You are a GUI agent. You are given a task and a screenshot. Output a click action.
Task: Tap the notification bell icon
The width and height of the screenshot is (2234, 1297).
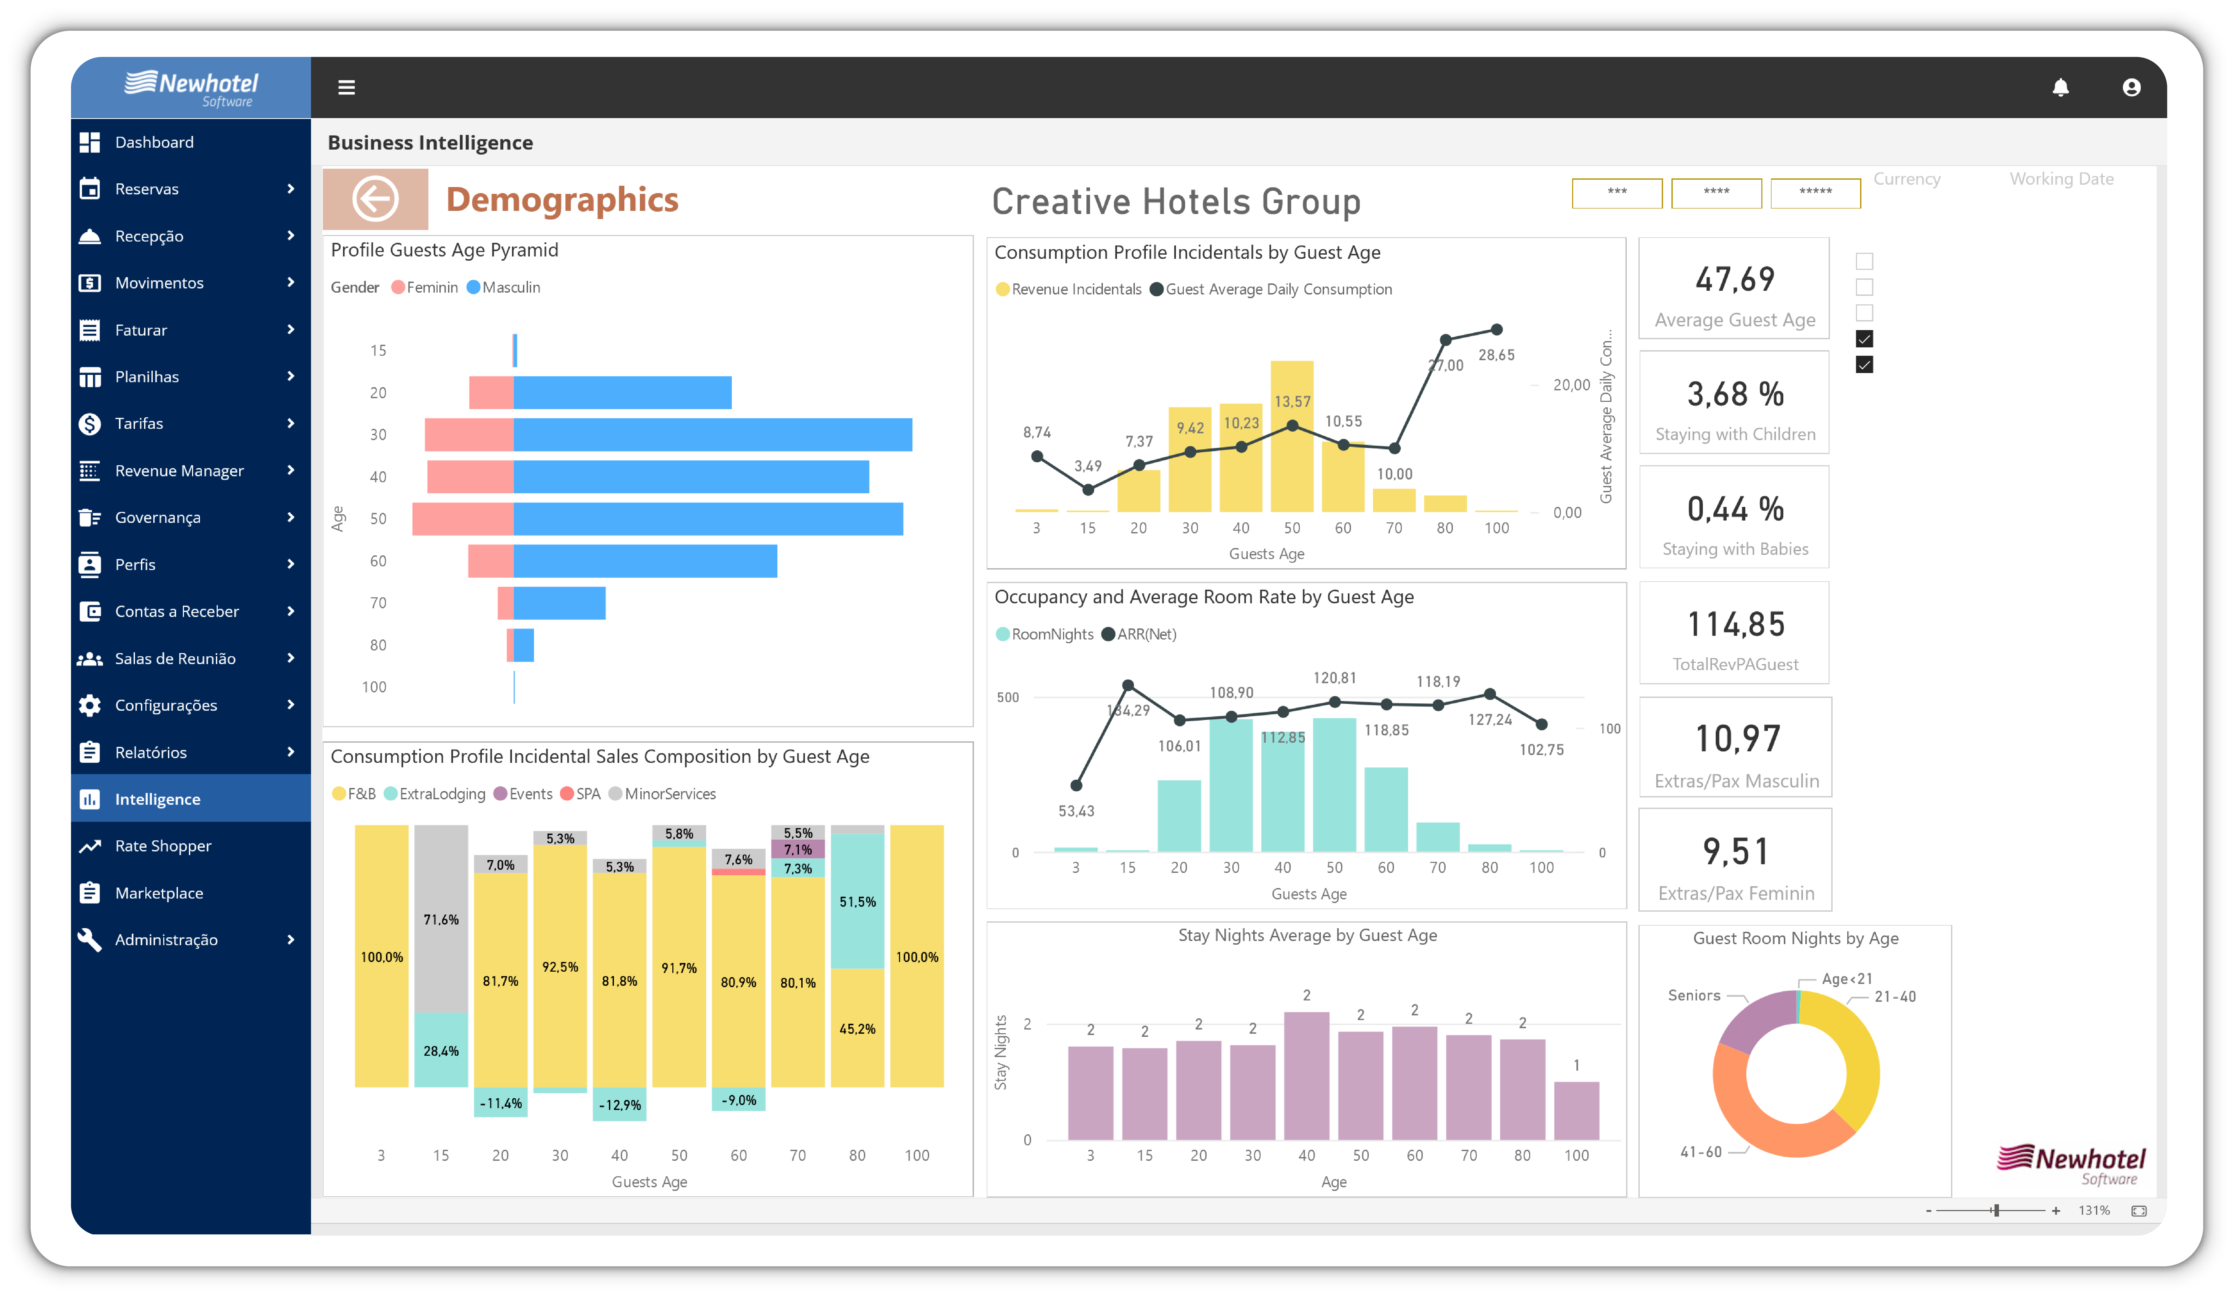2060,87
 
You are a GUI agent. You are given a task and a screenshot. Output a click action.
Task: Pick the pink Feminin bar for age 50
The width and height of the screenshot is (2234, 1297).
463,519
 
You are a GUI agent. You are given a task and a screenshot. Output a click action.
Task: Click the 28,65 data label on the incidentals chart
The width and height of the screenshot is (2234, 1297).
1496,355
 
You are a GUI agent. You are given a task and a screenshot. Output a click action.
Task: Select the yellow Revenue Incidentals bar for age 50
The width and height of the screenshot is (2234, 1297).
1292,436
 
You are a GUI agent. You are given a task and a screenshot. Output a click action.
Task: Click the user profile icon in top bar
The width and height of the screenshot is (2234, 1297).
2131,87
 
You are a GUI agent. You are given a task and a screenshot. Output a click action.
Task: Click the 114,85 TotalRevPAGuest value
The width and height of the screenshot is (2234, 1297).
1735,624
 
